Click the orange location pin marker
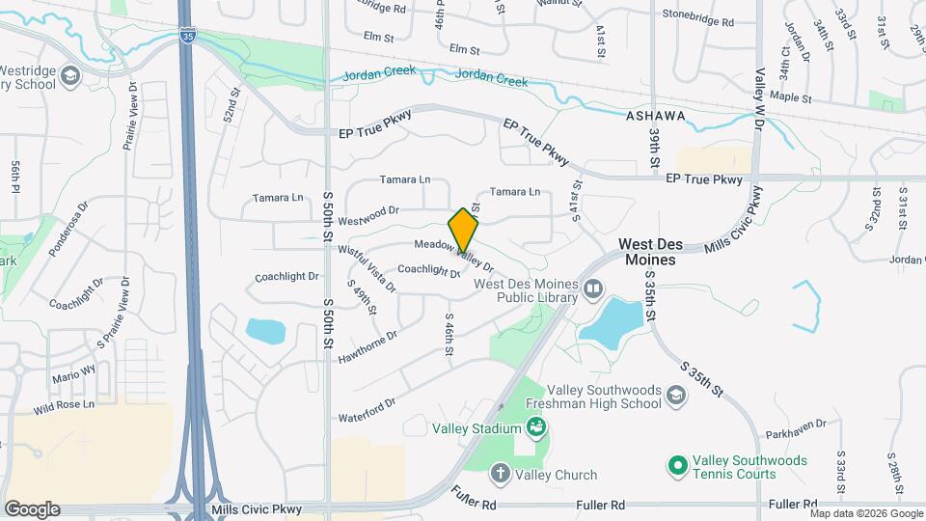(463, 230)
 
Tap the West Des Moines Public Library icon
(591, 288)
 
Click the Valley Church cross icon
(500, 474)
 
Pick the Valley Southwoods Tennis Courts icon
(676, 466)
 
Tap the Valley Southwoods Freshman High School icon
(677, 395)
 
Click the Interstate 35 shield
(186, 36)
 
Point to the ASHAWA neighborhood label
(656, 116)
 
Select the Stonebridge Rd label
(699, 14)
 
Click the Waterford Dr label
(367, 410)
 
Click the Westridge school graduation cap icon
(69, 74)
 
